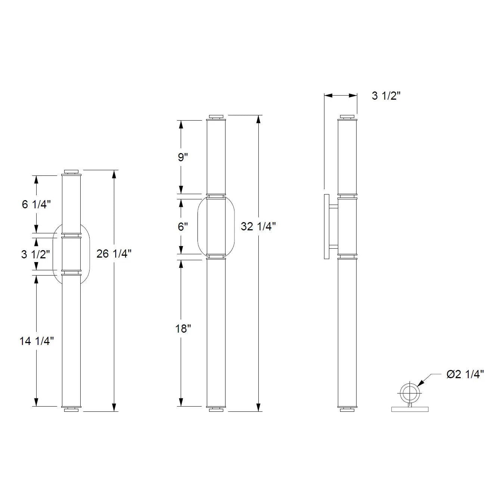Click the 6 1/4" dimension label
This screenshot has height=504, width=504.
click(36, 205)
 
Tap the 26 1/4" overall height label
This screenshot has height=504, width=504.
click(114, 254)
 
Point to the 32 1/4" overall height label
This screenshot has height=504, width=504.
click(258, 226)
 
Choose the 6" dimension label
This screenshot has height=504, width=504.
click(183, 227)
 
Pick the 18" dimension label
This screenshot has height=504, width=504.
click(183, 329)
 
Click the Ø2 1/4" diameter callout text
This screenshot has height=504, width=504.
click(465, 374)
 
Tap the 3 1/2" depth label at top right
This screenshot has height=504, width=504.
click(386, 96)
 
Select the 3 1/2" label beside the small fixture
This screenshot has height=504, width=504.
click(35, 255)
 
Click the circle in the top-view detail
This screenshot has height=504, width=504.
click(410, 392)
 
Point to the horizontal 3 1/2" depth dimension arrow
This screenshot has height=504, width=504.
click(340, 96)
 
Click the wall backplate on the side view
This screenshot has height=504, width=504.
click(327, 226)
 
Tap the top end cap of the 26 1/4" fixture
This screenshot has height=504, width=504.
click(71, 172)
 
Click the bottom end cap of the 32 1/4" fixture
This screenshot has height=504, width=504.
click(216, 410)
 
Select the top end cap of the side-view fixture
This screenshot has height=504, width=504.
click(347, 116)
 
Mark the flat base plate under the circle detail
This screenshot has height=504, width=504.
click(410, 409)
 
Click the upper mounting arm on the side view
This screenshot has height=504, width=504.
click(333, 206)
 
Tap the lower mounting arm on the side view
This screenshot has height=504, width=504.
click(333, 246)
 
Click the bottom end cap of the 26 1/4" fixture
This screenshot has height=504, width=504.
click(71, 410)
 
